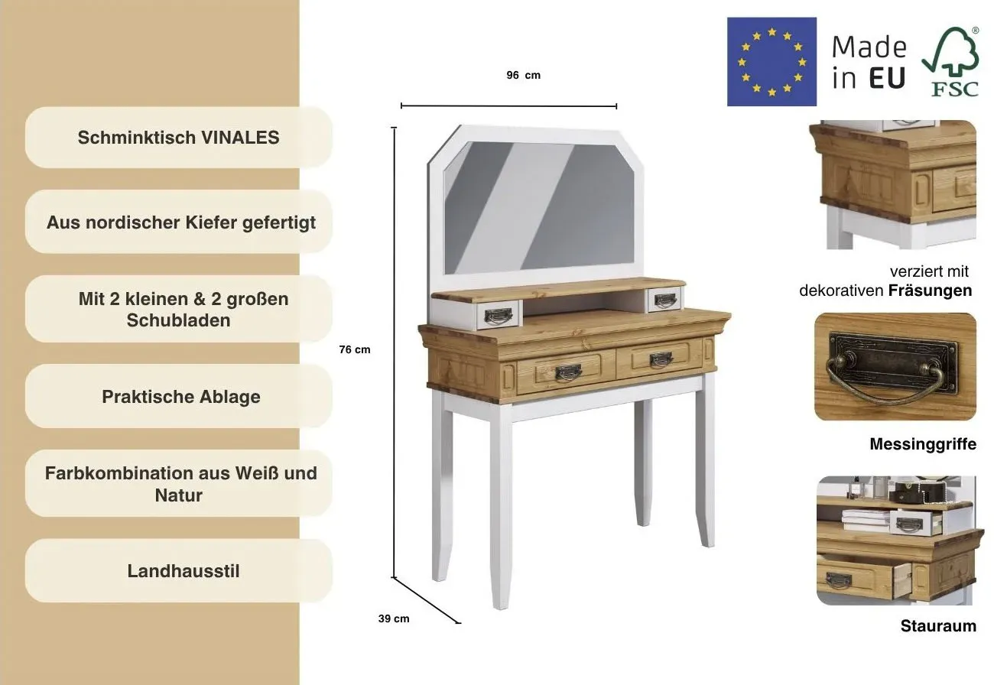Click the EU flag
coord(771,62)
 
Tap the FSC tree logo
coord(951,62)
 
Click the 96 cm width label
coord(524,76)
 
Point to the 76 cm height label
coord(355,349)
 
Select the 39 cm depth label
coord(394,619)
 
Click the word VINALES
coord(241,138)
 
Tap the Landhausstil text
coord(184,571)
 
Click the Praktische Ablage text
coord(181,397)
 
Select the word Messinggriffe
coord(923,444)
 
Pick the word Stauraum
coord(938,626)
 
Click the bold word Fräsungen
coord(930,291)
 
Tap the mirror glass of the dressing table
coord(539,206)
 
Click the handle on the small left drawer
coord(498,317)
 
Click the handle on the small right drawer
coord(665,300)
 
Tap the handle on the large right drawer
coord(661,359)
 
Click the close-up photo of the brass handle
coord(895,366)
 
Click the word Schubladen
coord(178,320)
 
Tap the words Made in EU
coord(869,62)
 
